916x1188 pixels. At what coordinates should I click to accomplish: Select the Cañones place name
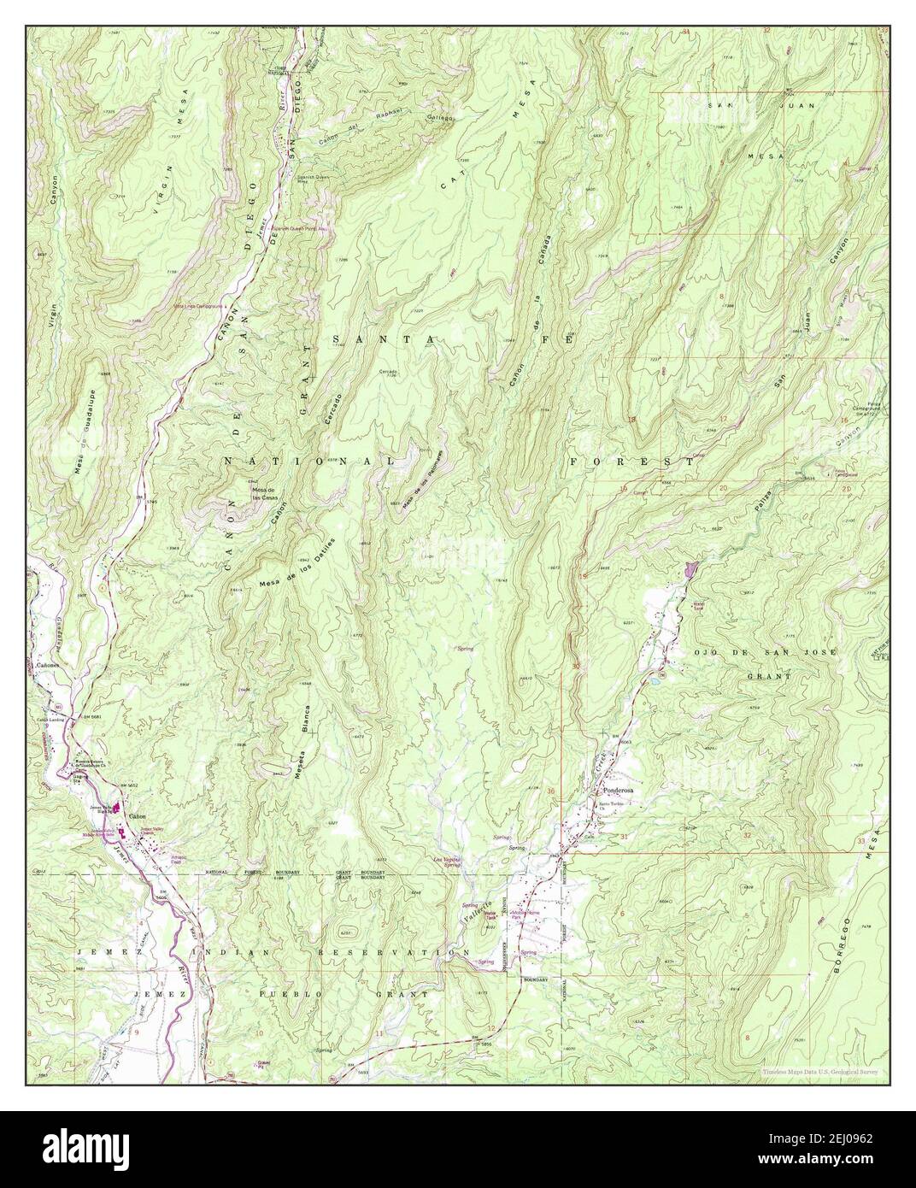[x=47, y=664]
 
